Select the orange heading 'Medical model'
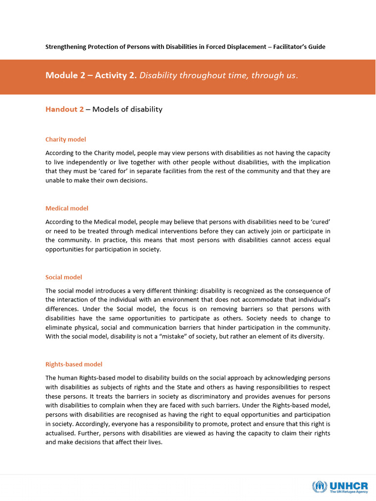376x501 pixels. tap(67, 208)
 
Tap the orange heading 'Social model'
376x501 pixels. tap(64, 277)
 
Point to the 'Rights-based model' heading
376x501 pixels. tap(73, 364)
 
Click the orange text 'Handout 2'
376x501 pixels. tap(65, 109)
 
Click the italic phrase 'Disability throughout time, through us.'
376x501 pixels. tap(218, 75)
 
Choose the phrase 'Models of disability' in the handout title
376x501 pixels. tap(127, 109)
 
